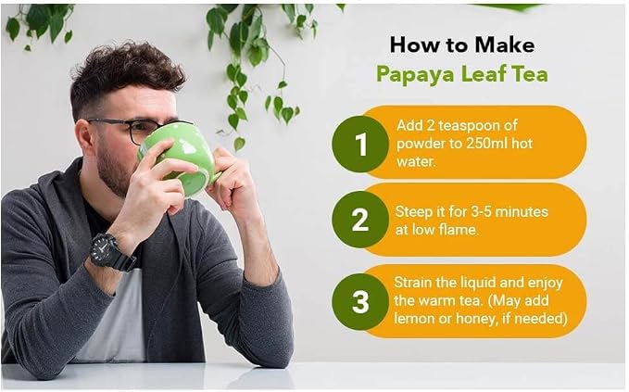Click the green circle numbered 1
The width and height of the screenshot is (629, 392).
coord(360,144)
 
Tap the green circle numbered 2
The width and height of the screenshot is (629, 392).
coord(360,220)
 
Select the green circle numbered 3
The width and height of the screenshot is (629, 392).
coord(360,301)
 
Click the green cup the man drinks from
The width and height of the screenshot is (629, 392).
coord(181,159)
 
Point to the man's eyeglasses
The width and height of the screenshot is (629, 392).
coord(137,129)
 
